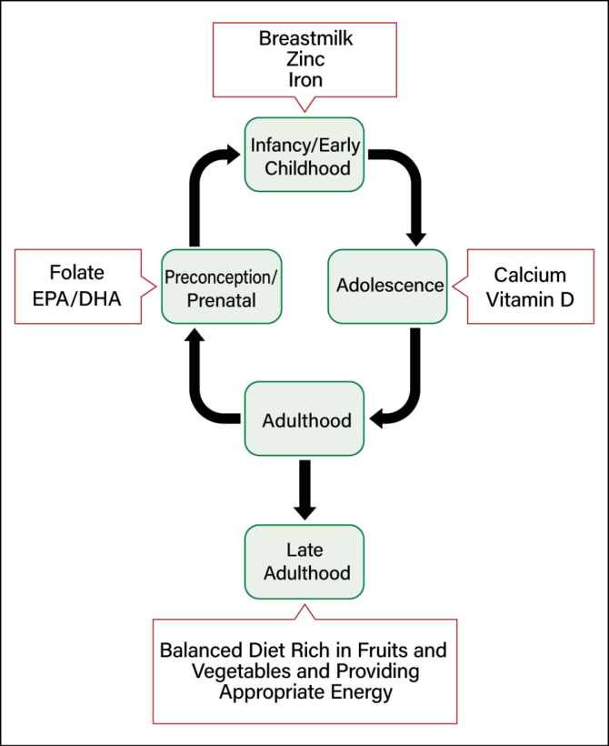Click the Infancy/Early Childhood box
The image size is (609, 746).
pos(304,154)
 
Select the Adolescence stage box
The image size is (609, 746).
pos(388,285)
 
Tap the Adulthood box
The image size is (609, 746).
pos(304,420)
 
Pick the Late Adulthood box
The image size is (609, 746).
pos(304,562)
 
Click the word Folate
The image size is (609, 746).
pos(78,273)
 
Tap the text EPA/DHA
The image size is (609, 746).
pos(78,297)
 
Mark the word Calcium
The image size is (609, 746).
pos(530,275)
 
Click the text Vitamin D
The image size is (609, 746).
pos(530,298)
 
